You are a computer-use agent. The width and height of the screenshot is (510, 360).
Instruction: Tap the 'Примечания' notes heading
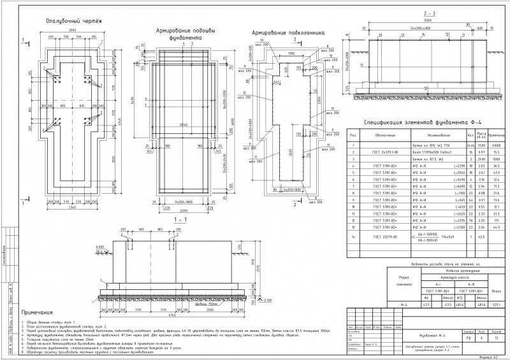click(x=36, y=313)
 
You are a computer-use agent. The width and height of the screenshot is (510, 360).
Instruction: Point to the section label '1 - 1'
click(x=163, y=219)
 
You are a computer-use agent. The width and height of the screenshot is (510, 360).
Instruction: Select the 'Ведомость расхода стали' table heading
click(x=440, y=263)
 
